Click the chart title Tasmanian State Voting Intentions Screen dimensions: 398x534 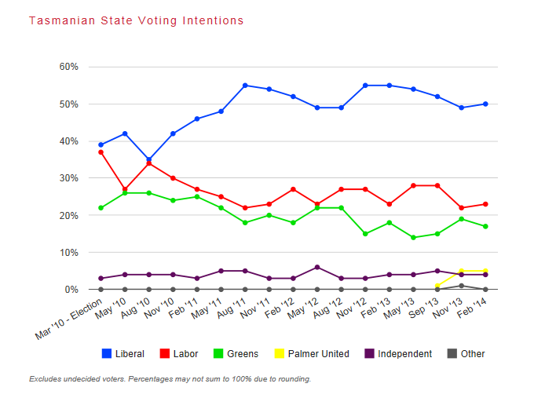137,20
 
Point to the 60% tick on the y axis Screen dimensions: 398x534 68,67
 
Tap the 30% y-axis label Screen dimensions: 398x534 68,178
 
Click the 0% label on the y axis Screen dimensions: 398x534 71,290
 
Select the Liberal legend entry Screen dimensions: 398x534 123,354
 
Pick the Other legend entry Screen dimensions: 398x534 466,354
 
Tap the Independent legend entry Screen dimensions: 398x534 397,354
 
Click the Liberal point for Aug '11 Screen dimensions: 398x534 245,86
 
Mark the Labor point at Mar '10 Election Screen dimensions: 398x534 101,152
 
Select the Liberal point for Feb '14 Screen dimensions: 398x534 486,104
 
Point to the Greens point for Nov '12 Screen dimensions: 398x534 365,234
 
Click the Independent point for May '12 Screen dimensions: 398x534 317,268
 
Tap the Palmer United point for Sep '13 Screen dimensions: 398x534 437,286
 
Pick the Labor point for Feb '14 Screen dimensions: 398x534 486,204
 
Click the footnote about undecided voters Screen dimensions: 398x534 170,379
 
